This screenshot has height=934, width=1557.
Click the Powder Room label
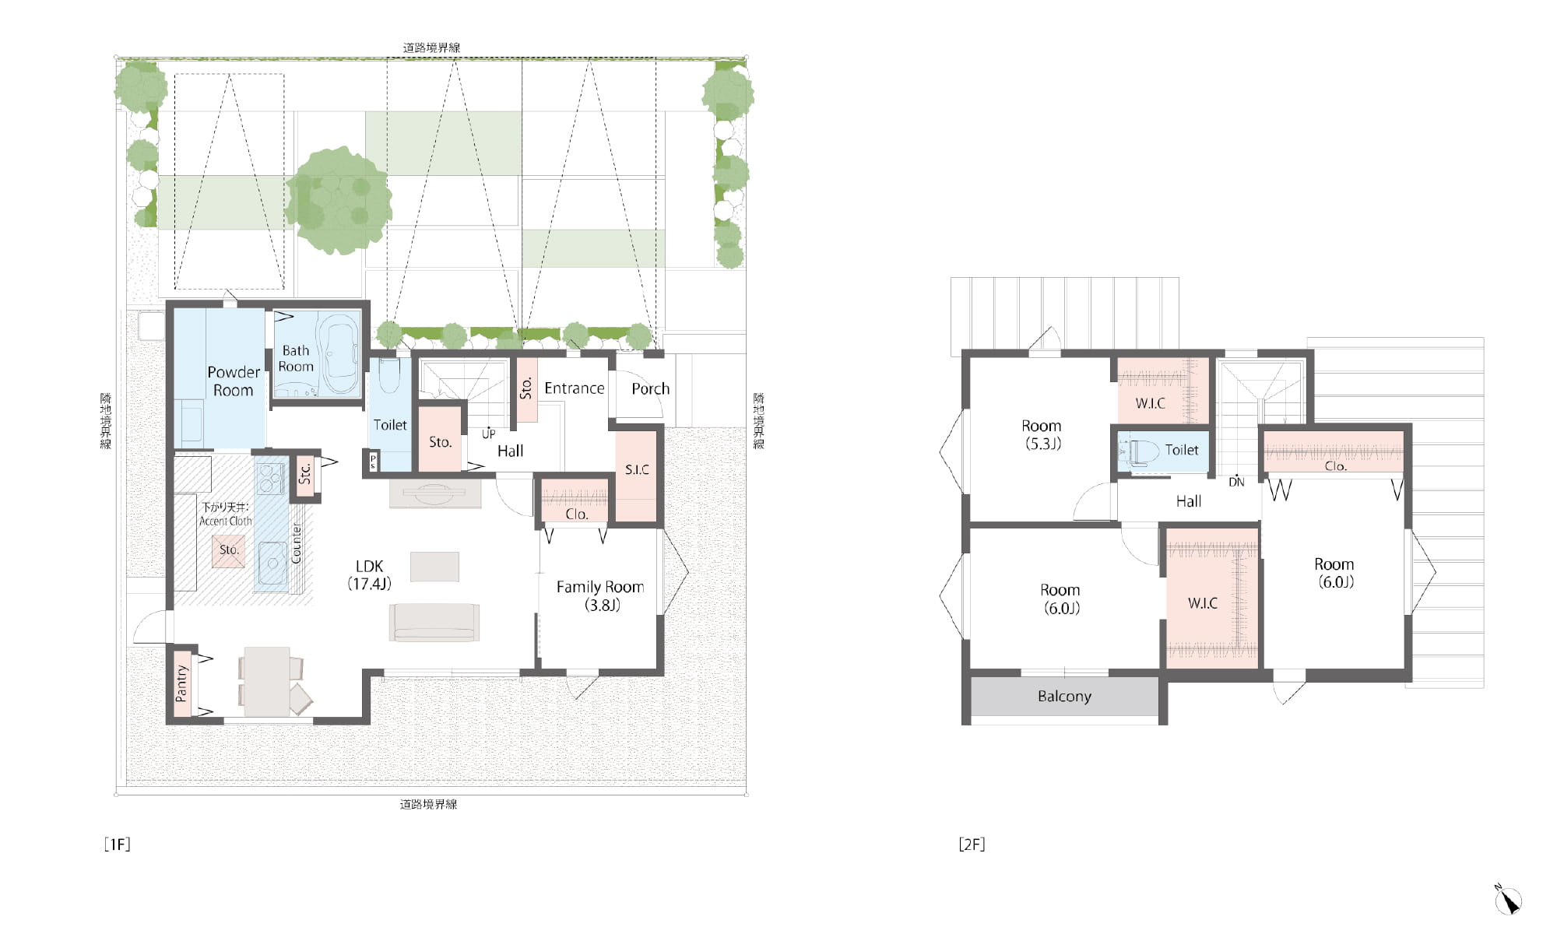[x=234, y=381]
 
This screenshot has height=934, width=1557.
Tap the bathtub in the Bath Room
[x=339, y=355]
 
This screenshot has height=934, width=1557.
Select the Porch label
[x=650, y=388]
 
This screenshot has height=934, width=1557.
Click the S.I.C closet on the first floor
[x=637, y=476]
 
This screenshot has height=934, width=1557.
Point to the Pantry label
[x=182, y=683]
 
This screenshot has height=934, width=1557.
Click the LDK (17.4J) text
[x=369, y=574]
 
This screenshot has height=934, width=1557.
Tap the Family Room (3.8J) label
[x=600, y=595]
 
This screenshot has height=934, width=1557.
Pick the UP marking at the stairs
[x=488, y=434]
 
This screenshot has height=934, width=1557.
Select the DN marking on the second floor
[x=1236, y=482]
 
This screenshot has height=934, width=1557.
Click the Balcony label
[x=1064, y=696]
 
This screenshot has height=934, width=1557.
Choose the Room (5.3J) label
[x=1042, y=435]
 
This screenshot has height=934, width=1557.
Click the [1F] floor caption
[x=117, y=844]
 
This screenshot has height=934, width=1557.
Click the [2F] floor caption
[x=972, y=844]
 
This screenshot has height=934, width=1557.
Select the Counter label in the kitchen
[x=297, y=542]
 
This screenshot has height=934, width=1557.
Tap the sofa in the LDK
[x=434, y=622]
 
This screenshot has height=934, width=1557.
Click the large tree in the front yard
[x=339, y=200]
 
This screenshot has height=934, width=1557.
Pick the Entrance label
[x=574, y=388]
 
